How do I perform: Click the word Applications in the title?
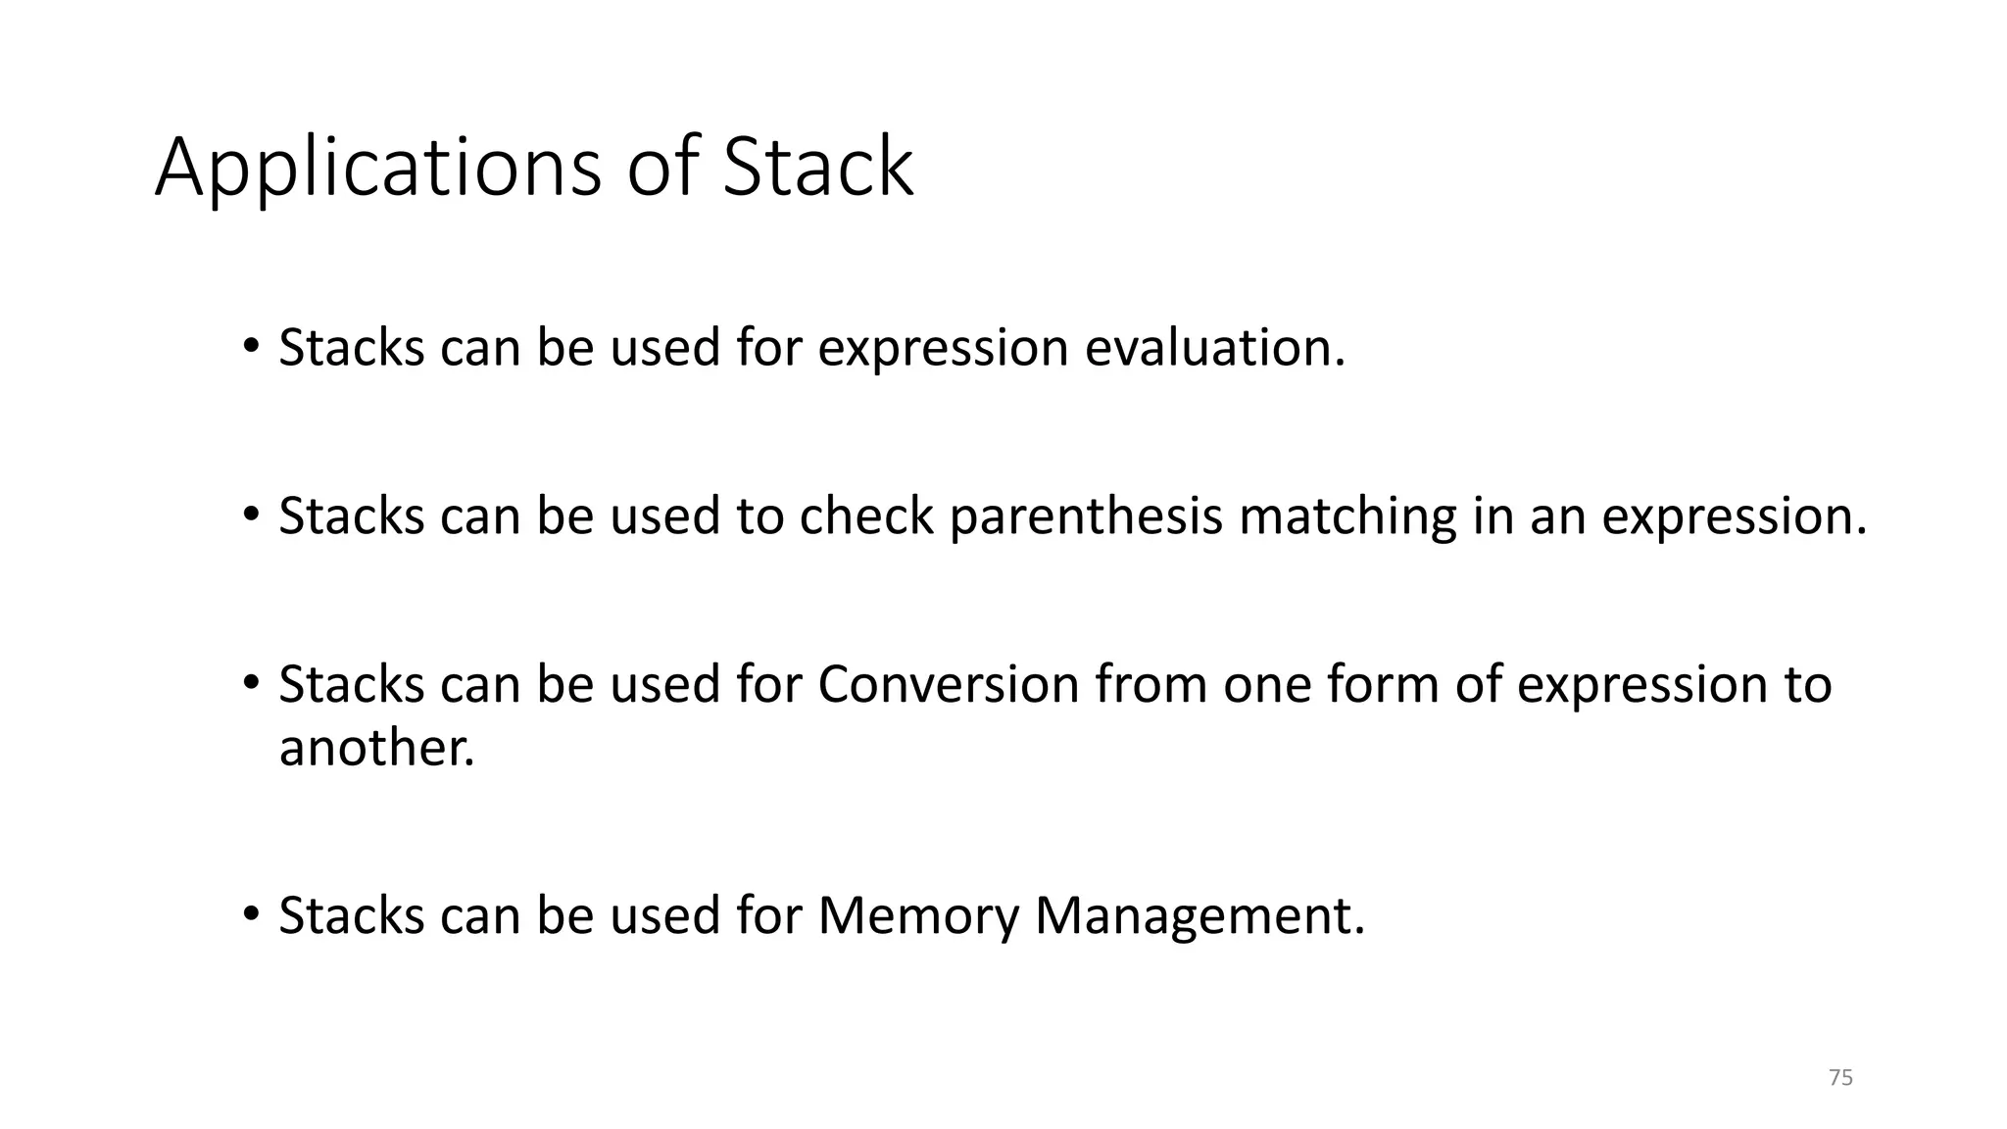click(377, 169)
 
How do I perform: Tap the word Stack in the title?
click(817, 167)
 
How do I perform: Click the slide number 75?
click(1840, 1078)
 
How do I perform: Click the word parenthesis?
click(1086, 516)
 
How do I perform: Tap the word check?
click(866, 516)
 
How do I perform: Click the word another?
click(376, 748)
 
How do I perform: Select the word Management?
click(1199, 915)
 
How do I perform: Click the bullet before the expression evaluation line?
click(251, 346)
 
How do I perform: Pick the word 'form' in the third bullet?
click(1383, 684)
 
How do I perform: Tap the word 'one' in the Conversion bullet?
click(1266, 684)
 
